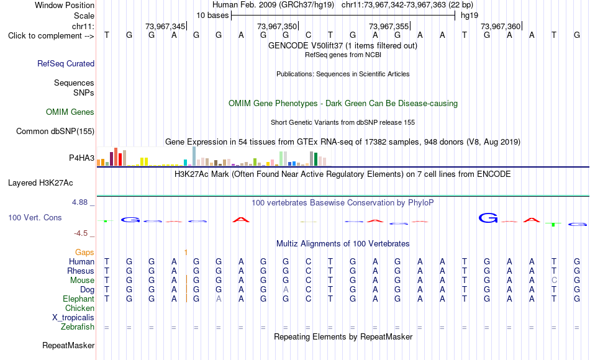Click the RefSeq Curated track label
[66, 63]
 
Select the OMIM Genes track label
[70, 112]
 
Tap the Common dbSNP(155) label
[55, 132]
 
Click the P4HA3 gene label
[81, 158]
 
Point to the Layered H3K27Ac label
[40, 183]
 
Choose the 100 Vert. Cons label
[35, 217]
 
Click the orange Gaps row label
[84, 252]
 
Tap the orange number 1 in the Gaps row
[186, 252]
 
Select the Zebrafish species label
[78, 327]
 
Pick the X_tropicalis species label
[73, 318]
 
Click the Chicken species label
[79, 308]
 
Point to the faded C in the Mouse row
[554, 281]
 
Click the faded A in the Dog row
[286, 290]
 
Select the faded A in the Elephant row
[219, 299]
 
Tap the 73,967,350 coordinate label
[277, 26]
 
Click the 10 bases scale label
[212, 16]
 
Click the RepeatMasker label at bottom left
[68, 345]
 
